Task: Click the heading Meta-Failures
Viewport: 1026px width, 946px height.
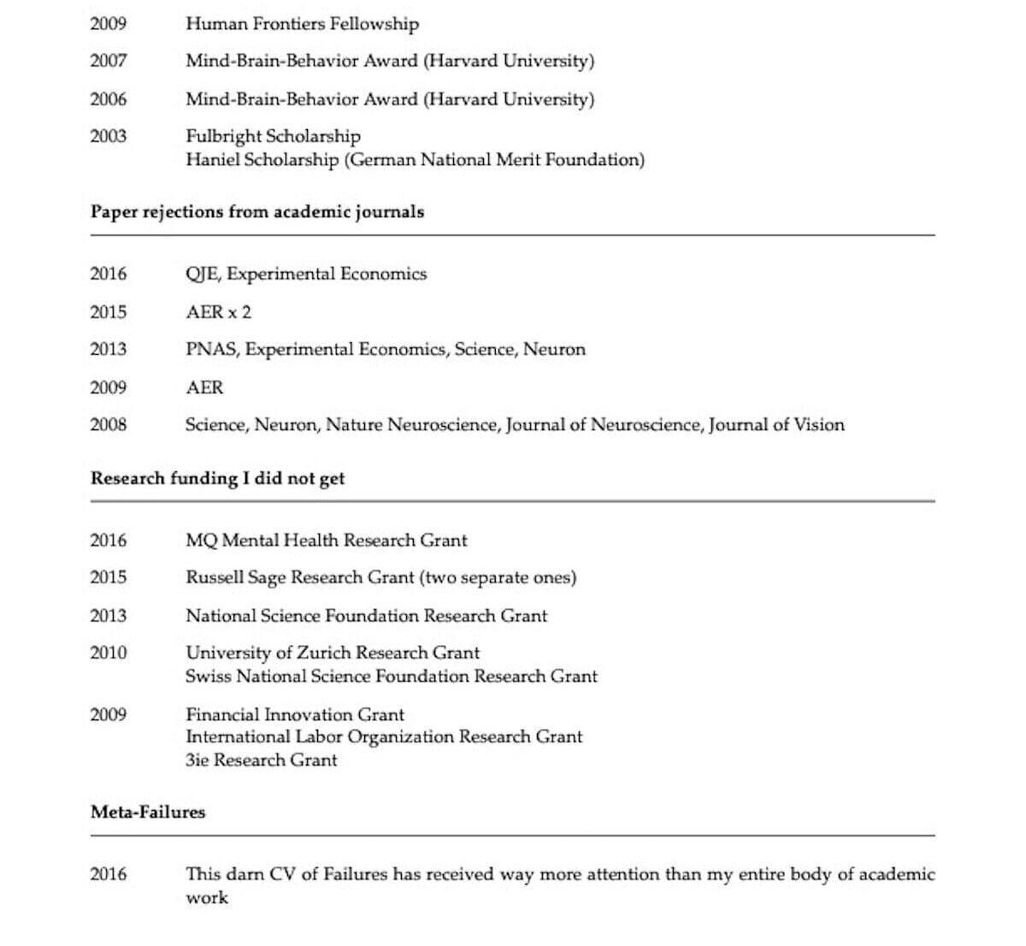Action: [148, 812]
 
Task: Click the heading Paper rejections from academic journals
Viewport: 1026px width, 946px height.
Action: [257, 211]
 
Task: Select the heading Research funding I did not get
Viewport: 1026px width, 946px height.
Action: [218, 478]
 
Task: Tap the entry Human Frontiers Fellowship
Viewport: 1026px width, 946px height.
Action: [302, 24]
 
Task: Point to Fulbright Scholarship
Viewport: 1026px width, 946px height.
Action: [273, 136]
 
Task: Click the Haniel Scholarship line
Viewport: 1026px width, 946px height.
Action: [415, 160]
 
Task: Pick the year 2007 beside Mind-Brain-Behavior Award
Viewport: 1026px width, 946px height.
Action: [108, 61]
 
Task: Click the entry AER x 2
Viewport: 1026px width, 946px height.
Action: [218, 312]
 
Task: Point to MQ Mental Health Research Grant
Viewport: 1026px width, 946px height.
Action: [326, 541]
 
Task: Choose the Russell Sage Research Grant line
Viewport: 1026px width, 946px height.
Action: [380, 577]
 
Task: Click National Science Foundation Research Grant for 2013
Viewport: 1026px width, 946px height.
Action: [366, 616]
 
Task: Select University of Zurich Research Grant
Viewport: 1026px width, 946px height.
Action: [333, 653]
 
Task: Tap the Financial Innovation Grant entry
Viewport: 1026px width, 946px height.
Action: [295, 714]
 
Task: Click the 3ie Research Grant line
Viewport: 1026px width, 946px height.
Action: [261, 760]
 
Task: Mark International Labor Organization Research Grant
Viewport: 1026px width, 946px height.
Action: [384, 736]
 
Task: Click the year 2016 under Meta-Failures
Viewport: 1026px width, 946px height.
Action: [108, 874]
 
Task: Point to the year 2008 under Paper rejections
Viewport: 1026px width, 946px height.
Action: [108, 425]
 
